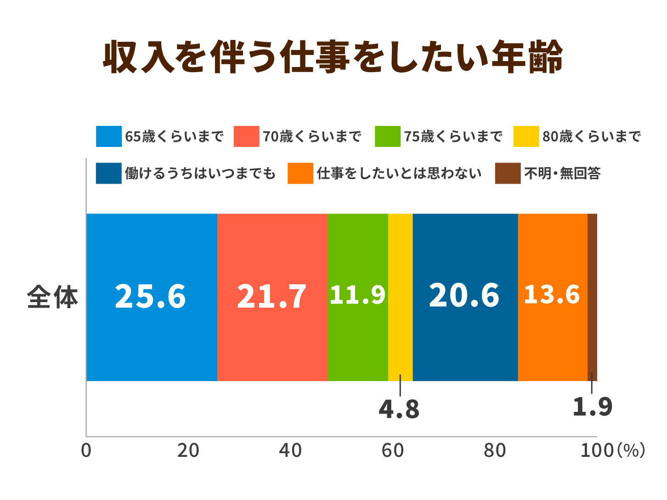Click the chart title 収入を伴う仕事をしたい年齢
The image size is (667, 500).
coord(333,57)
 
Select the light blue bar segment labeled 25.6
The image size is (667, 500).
coord(152,297)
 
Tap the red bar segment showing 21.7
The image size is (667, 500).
coord(272,297)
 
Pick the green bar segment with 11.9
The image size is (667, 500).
coord(358,297)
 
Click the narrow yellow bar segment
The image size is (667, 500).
coord(401,297)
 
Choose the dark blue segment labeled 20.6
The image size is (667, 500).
coord(465,297)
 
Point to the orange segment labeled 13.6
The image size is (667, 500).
coord(553,297)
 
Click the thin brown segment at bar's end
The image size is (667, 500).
coord(592,297)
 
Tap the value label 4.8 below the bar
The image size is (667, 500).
coord(399,409)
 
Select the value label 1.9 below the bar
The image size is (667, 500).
coord(593,406)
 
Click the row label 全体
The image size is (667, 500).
coord(52,297)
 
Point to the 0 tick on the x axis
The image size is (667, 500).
coord(86,450)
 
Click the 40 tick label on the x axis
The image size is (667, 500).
coord(290,450)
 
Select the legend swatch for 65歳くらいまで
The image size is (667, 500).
coord(109,136)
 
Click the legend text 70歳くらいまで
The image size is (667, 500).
coord(312,136)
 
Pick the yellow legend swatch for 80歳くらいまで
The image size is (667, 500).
coord(526,136)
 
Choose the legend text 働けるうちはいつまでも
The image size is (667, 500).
coord(200,174)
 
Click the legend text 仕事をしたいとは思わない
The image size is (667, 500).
coord(399,174)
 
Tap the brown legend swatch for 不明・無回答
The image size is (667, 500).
coord(508,174)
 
